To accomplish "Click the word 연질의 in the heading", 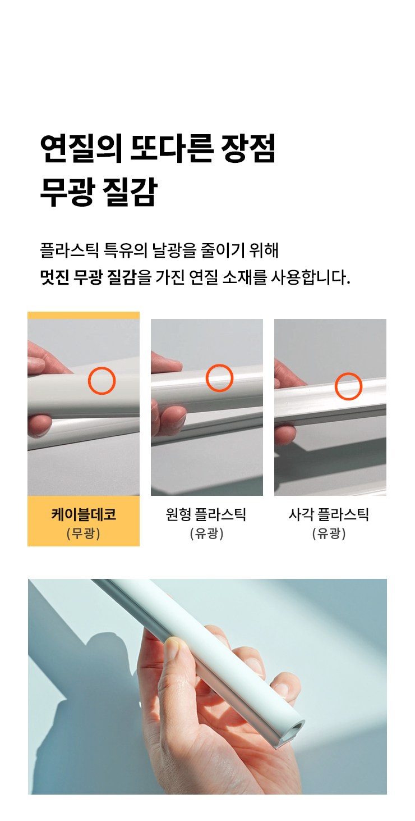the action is (81, 148).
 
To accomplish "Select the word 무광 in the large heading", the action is (66, 191).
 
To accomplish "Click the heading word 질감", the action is (130, 191).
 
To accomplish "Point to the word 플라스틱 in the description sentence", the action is (69, 250).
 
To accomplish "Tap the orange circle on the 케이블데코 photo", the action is (102, 381).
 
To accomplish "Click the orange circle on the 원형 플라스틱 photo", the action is (220, 378).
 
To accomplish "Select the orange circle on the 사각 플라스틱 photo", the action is (348, 386).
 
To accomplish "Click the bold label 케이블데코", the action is (84, 514).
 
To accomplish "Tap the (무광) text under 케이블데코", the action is (84, 533).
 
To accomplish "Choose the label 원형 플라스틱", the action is (206, 514).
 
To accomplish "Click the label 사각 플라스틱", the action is (329, 514).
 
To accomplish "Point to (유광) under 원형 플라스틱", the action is (206, 533).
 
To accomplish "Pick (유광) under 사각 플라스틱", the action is (329, 533).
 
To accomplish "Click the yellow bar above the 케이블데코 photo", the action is (84, 315).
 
